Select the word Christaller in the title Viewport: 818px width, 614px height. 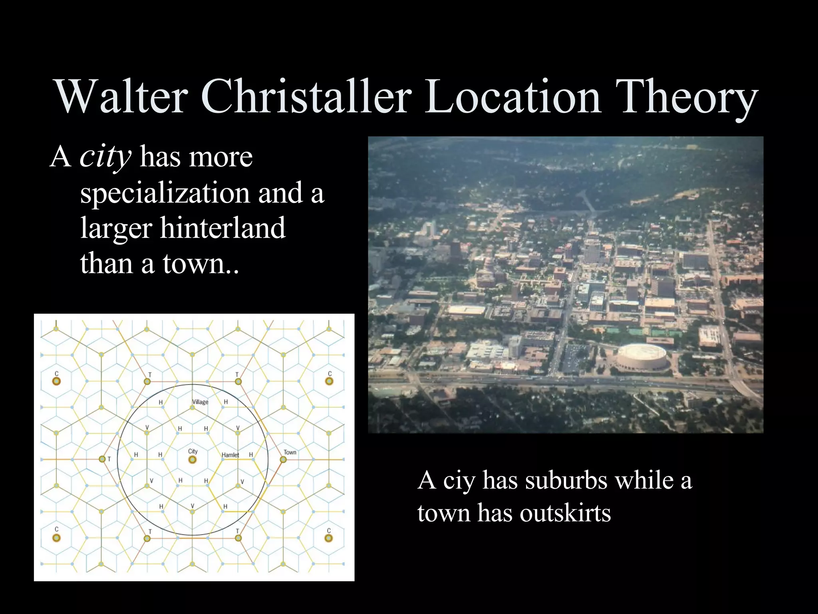point(306,97)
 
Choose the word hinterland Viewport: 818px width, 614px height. point(223,228)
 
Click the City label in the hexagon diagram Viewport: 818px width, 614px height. point(193,451)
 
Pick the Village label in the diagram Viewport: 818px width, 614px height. point(200,402)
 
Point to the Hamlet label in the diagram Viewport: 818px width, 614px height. point(230,455)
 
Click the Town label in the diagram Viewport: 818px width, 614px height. point(290,453)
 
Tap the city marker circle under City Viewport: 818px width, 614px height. point(193,460)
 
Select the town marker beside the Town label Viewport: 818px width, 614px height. point(283,460)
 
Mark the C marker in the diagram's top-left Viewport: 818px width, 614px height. point(56,381)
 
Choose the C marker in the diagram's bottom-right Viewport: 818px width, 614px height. point(329,538)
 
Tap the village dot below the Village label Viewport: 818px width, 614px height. point(193,408)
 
